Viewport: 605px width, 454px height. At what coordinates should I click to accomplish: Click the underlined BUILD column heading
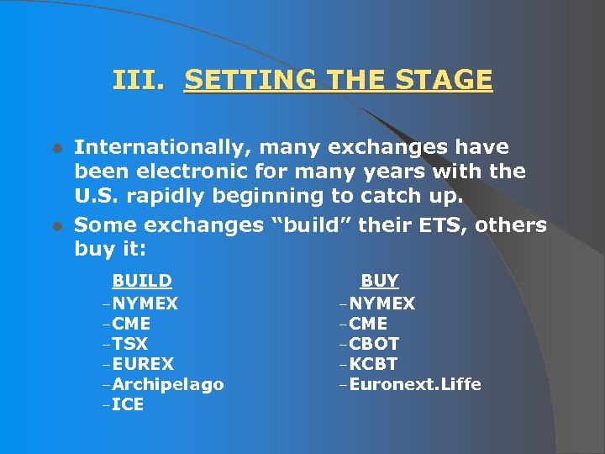[x=142, y=281]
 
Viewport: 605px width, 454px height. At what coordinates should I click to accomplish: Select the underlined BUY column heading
[x=380, y=281]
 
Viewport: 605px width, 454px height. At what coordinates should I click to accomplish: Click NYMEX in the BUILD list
[x=145, y=304]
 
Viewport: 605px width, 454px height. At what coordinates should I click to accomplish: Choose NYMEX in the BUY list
[x=382, y=304]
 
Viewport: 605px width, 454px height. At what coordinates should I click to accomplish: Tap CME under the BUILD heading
[x=131, y=324]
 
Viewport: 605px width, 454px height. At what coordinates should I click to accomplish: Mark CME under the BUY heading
[x=369, y=324]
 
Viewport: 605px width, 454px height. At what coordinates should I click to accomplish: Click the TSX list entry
[x=129, y=344]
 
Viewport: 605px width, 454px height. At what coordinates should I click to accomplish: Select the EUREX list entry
[x=143, y=364]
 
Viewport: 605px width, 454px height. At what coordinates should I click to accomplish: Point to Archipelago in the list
[x=167, y=384]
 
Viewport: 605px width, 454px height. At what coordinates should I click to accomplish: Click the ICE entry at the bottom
[x=128, y=404]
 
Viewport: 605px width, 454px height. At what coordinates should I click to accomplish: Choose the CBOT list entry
[x=375, y=344]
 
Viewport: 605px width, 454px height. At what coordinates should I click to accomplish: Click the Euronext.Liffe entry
[x=415, y=384]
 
